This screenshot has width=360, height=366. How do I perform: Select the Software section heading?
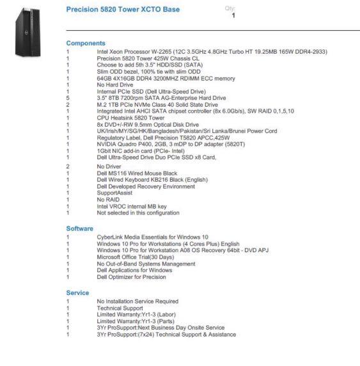(80, 228)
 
